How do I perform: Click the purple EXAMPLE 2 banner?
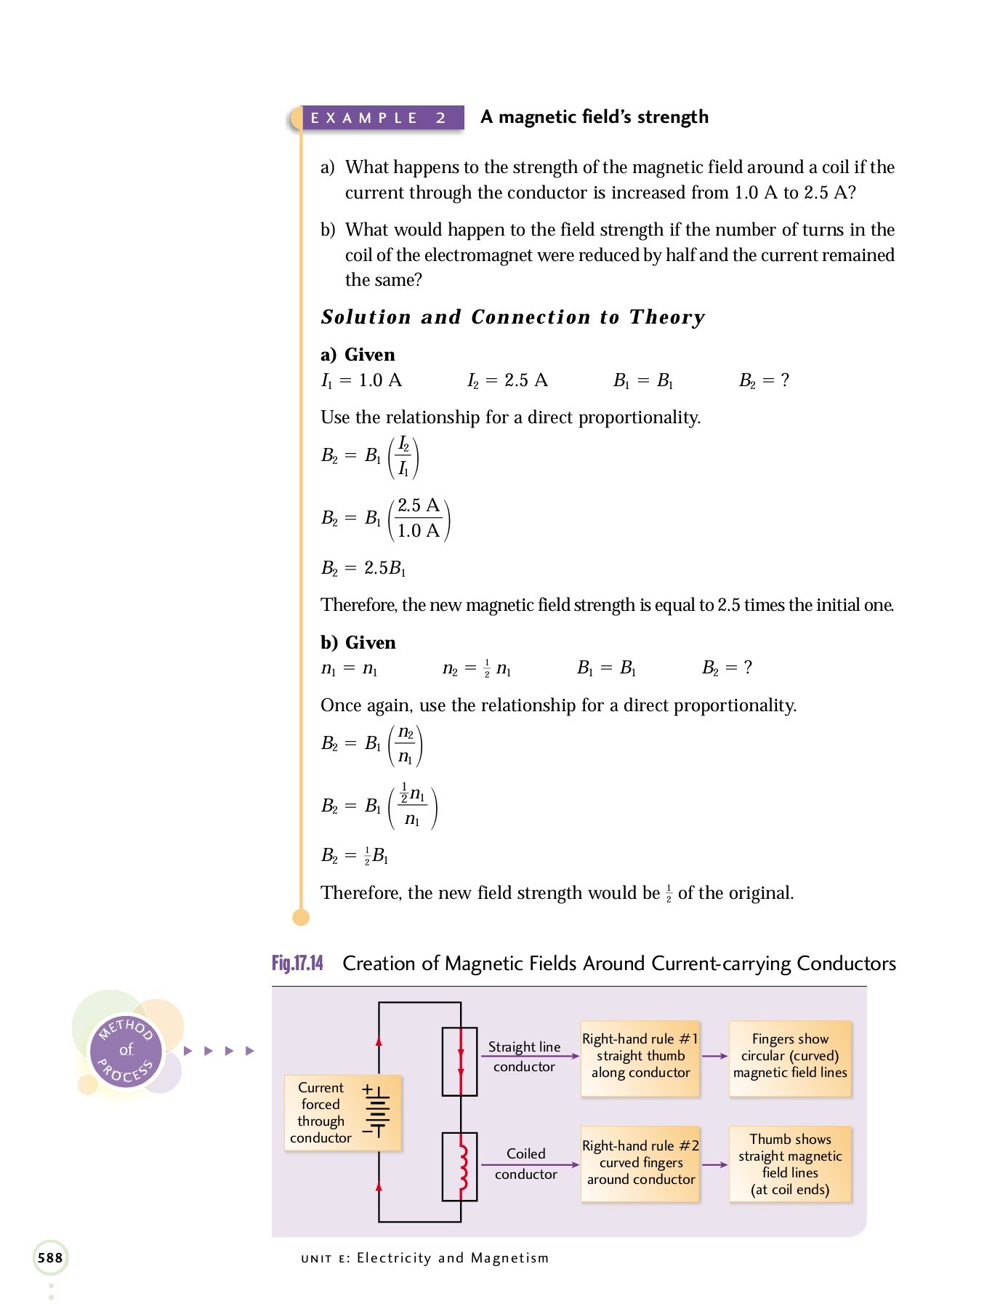[x=378, y=118]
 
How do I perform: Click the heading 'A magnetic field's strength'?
[x=594, y=117]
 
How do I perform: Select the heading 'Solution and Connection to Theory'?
[x=512, y=317]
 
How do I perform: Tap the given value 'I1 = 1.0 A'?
[x=361, y=380]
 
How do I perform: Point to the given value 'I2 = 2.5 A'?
[x=507, y=380]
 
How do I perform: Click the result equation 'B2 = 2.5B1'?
[x=363, y=568]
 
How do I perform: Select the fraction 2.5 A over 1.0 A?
[x=419, y=518]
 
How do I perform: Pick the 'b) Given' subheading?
[x=358, y=643]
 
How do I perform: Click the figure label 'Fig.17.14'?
[x=297, y=964]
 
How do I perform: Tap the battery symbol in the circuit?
[x=376, y=1110]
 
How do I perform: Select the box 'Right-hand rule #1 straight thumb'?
[x=640, y=1056]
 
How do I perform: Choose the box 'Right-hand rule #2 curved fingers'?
[x=640, y=1163]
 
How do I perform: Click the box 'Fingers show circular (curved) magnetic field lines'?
[x=790, y=1056]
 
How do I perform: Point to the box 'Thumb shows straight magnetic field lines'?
[x=790, y=1164]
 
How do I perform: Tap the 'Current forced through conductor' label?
[x=320, y=1113]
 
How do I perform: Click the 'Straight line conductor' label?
[x=524, y=1057]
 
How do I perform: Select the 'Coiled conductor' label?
[x=525, y=1164]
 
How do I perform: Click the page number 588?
[x=50, y=1257]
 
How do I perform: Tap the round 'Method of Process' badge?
[x=126, y=1050]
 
